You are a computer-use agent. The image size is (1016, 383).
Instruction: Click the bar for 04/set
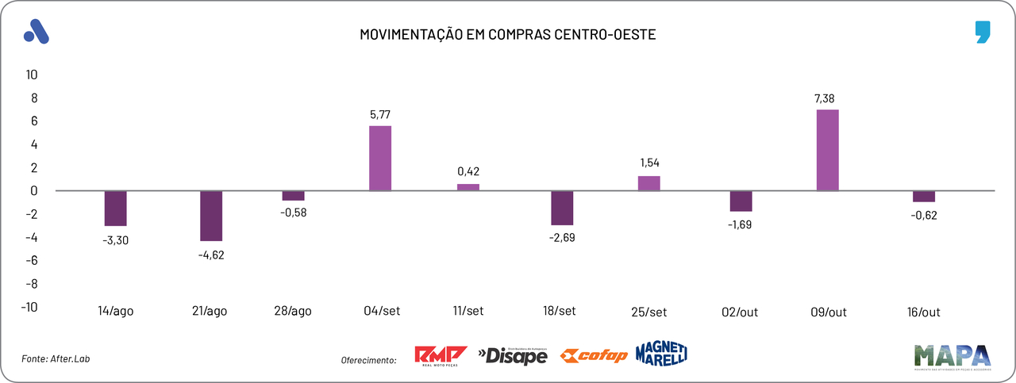pos(380,159)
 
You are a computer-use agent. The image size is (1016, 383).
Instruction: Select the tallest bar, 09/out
pos(828,150)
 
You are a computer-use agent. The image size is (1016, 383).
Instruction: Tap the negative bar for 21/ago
pos(211,216)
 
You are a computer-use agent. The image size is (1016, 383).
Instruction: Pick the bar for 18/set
pos(563,208)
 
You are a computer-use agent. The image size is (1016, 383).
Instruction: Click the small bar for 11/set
pos(468,187)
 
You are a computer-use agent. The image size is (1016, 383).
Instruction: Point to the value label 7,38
pos(828,98)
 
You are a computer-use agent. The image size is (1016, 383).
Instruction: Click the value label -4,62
pos(211,255)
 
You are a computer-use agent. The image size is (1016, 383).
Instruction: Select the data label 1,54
pos(649,163)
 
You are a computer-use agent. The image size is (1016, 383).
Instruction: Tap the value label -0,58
pos(293,213)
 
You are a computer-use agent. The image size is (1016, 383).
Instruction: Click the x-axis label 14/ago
pos(115,312)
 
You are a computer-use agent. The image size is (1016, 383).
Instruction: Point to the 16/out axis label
pos(923,312)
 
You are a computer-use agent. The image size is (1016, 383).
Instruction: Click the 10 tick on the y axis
pos(32,75)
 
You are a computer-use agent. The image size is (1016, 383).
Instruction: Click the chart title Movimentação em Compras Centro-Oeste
pos(508,35)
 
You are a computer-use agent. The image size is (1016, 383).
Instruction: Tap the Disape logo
pos(513,356)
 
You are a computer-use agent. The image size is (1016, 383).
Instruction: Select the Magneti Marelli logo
pos(661,354)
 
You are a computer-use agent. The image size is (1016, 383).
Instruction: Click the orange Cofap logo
pos(594,355)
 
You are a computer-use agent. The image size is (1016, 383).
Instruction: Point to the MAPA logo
pos(952,356)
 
